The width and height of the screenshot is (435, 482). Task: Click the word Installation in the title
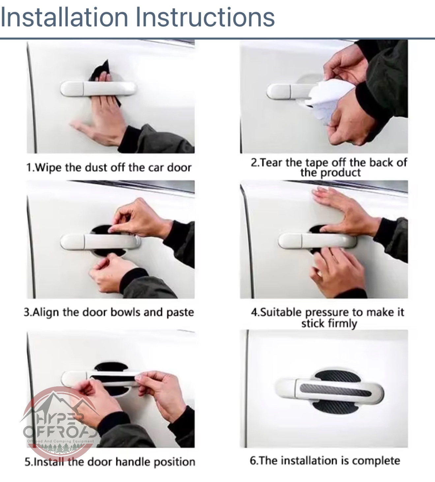(x=64, y=17)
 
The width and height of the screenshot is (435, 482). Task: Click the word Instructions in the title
(x=205, y=17)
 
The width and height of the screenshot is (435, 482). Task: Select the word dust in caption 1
(x=97, y=167)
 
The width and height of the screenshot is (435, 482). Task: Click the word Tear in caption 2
(x=272, y=163)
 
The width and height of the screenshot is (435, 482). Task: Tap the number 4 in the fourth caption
(x=254, y=313)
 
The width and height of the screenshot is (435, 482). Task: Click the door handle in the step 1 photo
(x=99, y=89)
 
